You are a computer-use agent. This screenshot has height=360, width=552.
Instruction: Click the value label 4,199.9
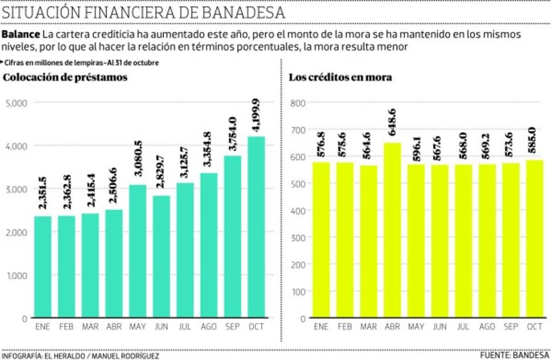click(256, 116)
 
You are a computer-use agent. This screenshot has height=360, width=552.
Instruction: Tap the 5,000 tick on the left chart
click(17, 103)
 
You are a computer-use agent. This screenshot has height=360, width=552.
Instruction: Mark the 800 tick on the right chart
click(299, 103)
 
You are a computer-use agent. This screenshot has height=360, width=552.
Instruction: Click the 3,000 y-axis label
click(17, 189)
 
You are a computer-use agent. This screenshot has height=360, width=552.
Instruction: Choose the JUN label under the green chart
click(161, 327)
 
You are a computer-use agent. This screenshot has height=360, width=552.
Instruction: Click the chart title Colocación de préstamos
click(65, 77)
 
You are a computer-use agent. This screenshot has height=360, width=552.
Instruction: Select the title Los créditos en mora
click(340, 77)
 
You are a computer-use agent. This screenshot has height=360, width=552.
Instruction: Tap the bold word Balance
click(21, 35)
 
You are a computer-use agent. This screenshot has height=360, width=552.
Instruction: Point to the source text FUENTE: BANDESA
click(515, 355)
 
